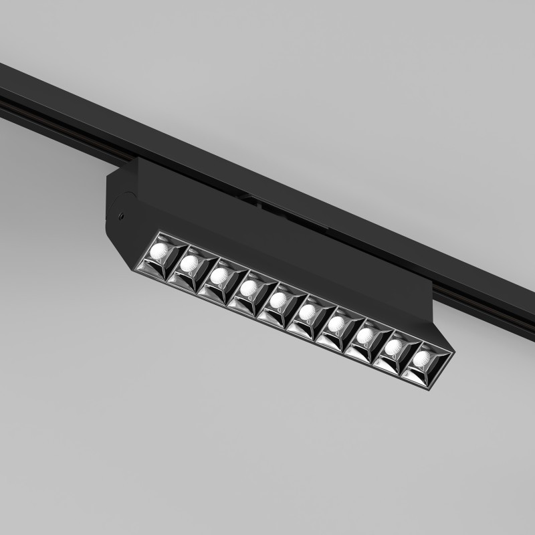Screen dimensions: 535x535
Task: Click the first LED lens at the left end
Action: (160, 251)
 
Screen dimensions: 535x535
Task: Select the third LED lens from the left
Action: (219, 275)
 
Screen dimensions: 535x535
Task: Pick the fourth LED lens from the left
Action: (249, 288)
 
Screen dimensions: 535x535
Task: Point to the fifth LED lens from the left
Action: (278, 299)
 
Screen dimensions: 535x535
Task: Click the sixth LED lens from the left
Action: (307, 311)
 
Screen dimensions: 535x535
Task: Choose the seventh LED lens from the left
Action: (336, 324)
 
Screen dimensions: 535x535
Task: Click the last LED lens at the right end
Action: (421, 359)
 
